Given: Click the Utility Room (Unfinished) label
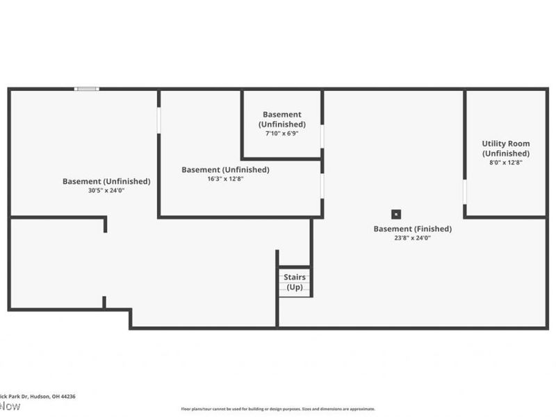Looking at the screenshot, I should tap(506, 149).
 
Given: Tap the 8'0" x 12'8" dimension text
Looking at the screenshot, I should tap(506, 162).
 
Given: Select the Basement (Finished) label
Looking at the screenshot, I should tap(413, 229).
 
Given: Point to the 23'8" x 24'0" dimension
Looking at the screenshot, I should tap(413, 238).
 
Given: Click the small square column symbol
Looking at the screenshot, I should tap(396, 214).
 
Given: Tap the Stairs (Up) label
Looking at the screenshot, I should tap(295, 281).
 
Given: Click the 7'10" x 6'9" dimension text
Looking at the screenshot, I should tap(281, 133).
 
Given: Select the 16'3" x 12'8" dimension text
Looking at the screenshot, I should tap(225, 179).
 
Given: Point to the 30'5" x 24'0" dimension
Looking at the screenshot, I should tap(106, 190).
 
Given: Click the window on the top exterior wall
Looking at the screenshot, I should tap(87, 88).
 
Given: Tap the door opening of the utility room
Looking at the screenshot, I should tap(465, 193).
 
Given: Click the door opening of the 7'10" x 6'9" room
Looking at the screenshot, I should tap(322, 136).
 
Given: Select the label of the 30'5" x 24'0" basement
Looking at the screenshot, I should tap(106, 181).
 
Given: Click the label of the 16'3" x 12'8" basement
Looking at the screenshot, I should tap(225, 170).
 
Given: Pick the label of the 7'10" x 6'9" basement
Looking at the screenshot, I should tap(281, 119).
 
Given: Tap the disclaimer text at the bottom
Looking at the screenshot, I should tap(278, 409).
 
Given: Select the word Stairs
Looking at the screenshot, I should tap(295, 277).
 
